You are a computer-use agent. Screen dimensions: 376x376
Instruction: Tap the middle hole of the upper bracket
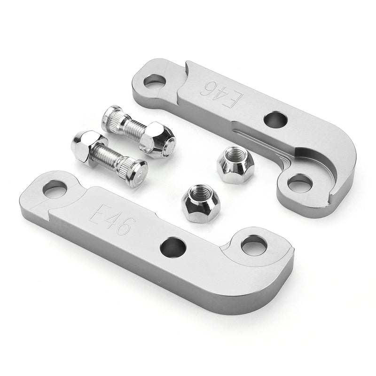(276, 119)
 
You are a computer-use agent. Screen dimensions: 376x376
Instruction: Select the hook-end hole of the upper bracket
(300, 183)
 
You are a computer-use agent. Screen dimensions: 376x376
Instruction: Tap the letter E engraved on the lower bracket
(98, 213)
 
